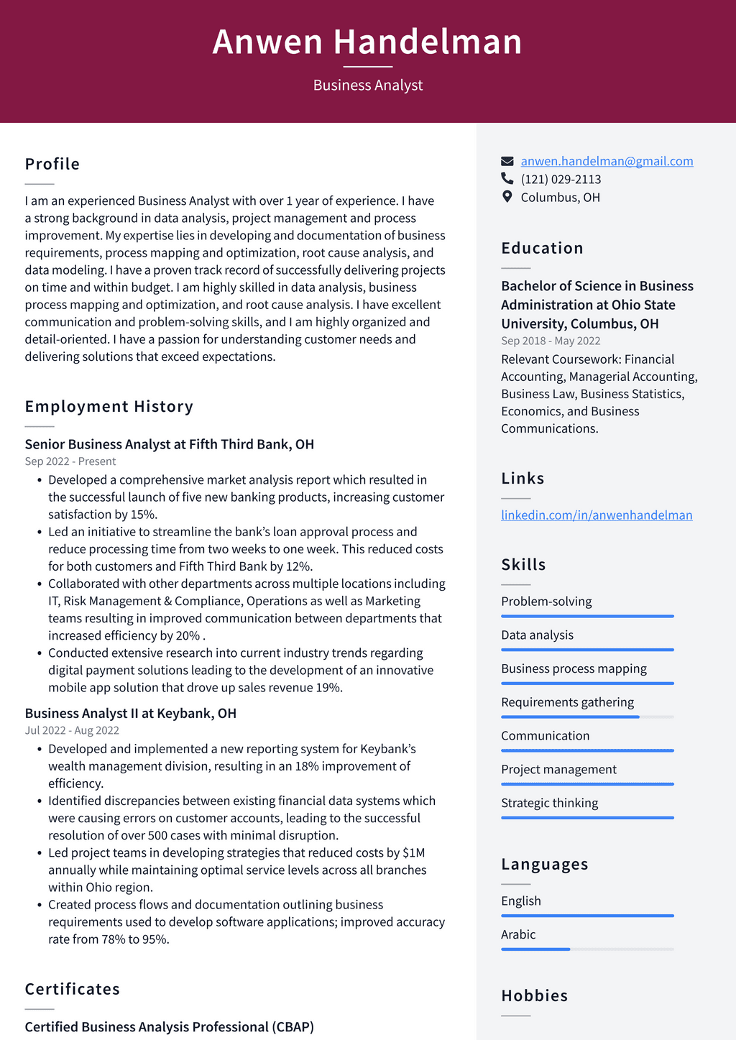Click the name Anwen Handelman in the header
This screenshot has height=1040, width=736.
click(367, 42)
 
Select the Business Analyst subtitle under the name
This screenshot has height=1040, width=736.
click(367, 86)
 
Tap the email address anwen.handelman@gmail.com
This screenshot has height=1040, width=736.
click(607, 161)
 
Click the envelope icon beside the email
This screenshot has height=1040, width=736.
click(507, 161)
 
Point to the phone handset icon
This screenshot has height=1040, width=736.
click(507, 178)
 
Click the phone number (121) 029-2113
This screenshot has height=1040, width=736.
click(561, 179)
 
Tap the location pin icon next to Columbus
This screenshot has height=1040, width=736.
click(507, 197)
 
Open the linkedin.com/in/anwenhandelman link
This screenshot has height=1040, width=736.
click(597, 515)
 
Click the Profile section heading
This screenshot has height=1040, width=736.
click(52, 164)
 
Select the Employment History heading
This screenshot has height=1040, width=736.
click(109, 407)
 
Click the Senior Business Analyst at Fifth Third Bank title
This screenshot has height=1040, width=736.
click(170, 444)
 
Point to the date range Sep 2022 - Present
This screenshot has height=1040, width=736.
click(70, 461)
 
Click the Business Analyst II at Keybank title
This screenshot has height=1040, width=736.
click(131, 713)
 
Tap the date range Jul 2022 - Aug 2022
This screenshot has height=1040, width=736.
click(72, 730)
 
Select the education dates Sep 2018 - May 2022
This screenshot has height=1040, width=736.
click(551, 341)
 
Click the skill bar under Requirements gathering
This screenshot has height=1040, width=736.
click(587, 717)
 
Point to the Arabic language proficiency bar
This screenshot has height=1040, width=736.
click(587, 949)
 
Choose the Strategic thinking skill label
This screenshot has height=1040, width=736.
click(549, 803)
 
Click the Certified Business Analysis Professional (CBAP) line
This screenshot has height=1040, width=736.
click(170, 1027)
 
